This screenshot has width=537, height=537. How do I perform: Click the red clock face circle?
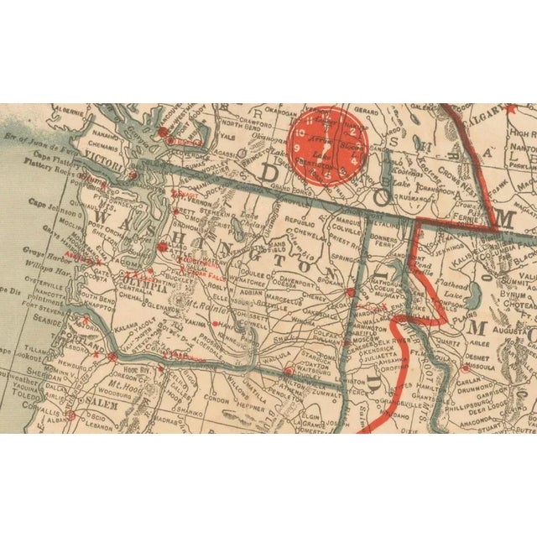327,143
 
